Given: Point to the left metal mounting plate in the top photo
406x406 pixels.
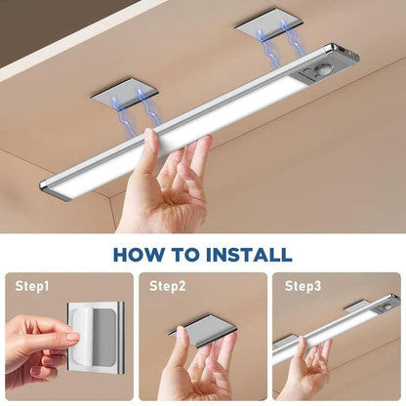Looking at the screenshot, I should click(125, 96).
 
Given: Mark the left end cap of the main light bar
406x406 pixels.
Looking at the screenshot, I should click(49, 188).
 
